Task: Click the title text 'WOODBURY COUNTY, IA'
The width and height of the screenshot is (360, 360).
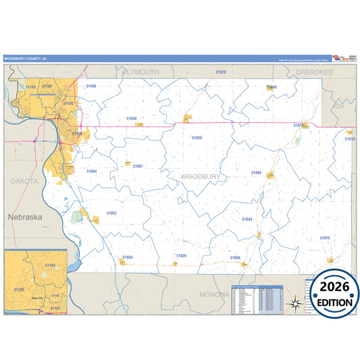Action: tap(26, 59)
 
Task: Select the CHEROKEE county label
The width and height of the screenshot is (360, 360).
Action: tap(314, 71)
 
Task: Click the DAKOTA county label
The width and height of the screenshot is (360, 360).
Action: tap(24, 181)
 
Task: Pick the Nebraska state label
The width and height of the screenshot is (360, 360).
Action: tap(25, 217)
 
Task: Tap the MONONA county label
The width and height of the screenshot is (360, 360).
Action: tap(215, 294)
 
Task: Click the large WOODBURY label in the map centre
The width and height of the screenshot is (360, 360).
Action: tap(201, 176)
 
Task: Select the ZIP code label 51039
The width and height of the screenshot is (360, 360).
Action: tap(197, 137)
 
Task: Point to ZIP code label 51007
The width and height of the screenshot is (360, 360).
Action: tap(138, 165)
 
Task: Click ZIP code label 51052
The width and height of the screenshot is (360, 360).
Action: tap(111, 213)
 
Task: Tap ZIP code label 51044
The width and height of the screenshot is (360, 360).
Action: tap(247, 219)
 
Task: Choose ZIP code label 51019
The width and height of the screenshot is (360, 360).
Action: tap(325, 238)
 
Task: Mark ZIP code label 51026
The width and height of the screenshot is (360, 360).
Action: tap(181, 255)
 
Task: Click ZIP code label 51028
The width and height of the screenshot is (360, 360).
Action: tap(221, 72)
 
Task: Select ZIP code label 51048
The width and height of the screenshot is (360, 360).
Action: tap(272, 87)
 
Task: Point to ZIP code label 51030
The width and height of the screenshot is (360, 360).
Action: tap(131, 118)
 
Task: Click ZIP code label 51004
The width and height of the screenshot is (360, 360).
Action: tap(256, 173)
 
